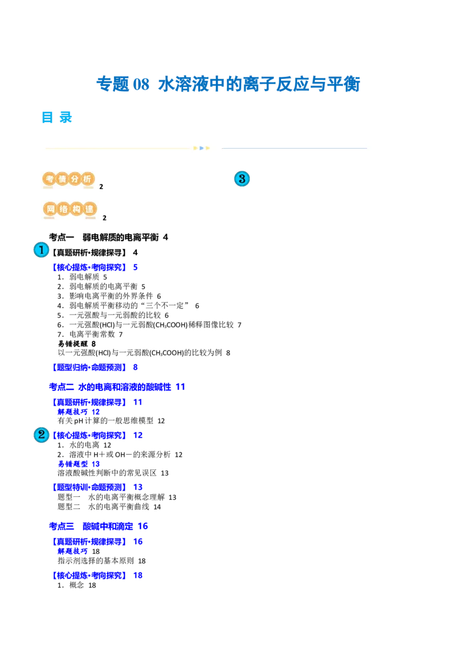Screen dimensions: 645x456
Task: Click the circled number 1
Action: [41, 250]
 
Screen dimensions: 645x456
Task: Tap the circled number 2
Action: [41, 435]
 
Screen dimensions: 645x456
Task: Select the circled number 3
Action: [242, 179]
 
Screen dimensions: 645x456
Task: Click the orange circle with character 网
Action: [50, 210]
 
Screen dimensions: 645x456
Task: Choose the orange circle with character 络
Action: [63, 210]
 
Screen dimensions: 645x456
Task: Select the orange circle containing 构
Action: [76, 210]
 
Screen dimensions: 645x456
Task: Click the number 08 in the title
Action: [141, 84]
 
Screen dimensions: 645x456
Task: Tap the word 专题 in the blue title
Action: [113, 84]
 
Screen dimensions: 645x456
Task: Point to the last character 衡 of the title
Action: [352, 84]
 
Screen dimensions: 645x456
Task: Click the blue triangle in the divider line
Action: [202, 148]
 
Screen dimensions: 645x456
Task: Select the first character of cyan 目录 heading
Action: [47, 117]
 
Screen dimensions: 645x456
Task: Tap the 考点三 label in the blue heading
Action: [59, 525]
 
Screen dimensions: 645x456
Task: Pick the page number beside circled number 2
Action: [138, 436]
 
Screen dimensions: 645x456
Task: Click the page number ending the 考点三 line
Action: [144, 525]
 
